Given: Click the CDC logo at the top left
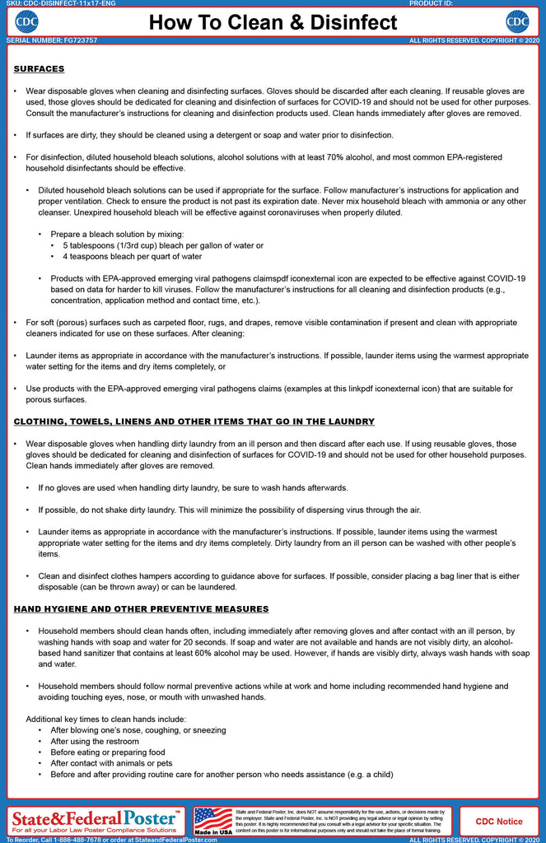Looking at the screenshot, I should point(28,21).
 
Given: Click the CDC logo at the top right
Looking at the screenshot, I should point(517,21).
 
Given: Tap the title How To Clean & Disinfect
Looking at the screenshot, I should point(273,22).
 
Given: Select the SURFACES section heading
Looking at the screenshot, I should point(40,69).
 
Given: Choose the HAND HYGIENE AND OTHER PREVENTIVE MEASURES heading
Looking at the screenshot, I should point(142,609).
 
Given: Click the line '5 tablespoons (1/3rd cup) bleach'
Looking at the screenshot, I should point(163,245).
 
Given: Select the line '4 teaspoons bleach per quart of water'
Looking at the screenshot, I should point(133,257).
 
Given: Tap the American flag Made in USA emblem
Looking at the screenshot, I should point(213,820).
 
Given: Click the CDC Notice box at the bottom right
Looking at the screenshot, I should point(497,821).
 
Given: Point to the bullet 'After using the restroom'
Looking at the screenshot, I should point(95,742).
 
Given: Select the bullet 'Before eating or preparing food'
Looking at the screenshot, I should point(108,752).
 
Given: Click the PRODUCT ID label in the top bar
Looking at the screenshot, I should point(430,3).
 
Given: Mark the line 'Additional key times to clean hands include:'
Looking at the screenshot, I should point(106,720).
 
